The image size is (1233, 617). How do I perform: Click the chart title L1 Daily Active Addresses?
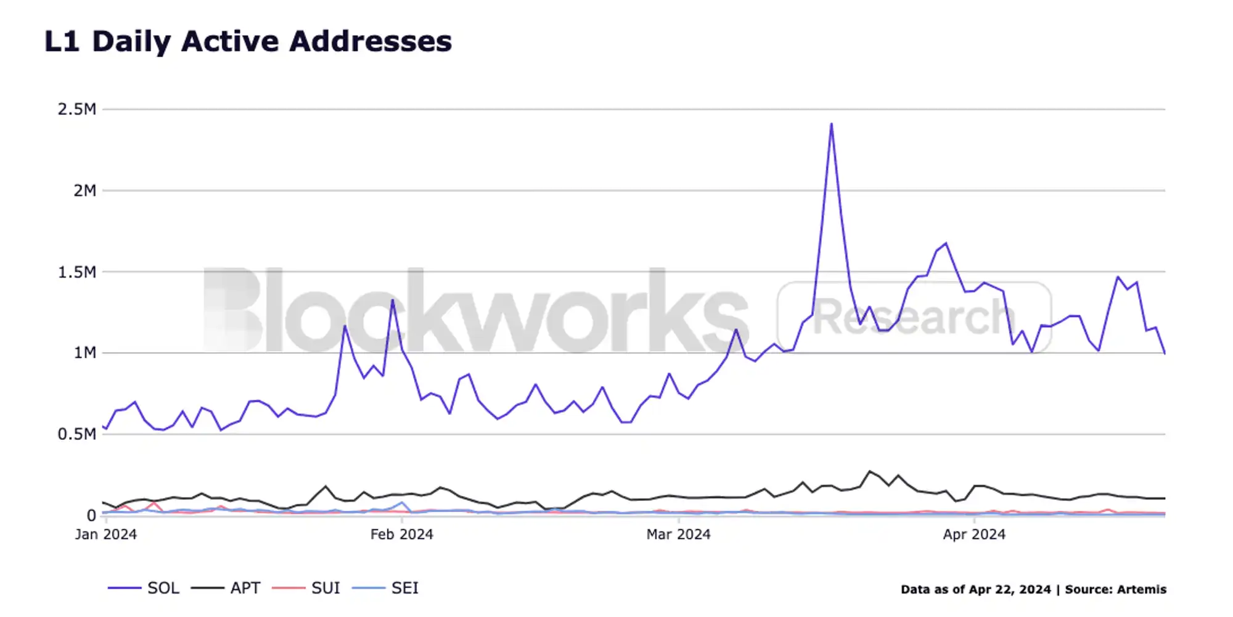pyautogui.click(x=248, y=42)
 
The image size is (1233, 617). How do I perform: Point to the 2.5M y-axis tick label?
pyautogui.click(x=77, y=109)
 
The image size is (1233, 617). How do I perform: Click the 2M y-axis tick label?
pyautogui.click(x=84, y=191)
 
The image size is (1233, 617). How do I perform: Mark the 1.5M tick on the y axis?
pyautogui.click(x=77, y=272)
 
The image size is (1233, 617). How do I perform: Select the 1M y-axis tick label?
pyautogui.click(x=84, y=353)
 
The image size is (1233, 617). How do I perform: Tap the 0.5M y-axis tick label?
pyautogui.click(x=77, y=434)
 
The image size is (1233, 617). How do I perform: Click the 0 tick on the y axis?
pyautogui.click(x=91, y=515)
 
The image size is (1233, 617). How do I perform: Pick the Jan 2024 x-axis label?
pyautogui.click(x=106, y=534)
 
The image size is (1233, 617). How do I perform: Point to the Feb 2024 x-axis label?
pyautogui.click(x=401, y=534)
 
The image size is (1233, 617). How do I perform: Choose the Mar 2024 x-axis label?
pyautogui.click(x=678, y=534)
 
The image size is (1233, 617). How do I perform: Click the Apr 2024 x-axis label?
pyautogui.click(x=974, y=534)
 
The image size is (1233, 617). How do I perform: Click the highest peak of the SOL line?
pyautogui.click(x=831, y=124)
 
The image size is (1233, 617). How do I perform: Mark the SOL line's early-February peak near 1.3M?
pyautogui.click(x=392, y=300)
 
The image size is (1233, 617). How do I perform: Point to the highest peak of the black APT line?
pyautogui.click(x=870, y=471)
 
